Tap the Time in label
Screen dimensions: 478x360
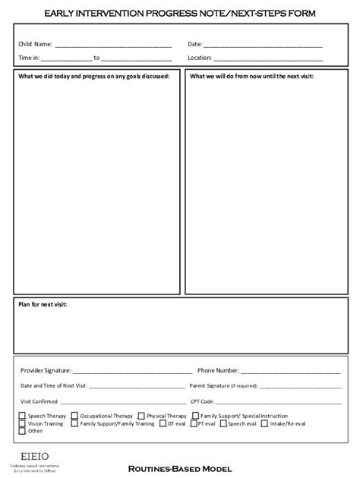[29, 58]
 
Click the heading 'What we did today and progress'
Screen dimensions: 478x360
[93, 77]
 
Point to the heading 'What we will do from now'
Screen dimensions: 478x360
[251, 77]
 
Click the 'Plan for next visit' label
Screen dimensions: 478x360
[43, 303]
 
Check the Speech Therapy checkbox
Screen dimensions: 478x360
[22, 416]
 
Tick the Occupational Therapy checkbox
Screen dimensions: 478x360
[74, 416]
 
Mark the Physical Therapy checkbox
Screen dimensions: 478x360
[141, 416]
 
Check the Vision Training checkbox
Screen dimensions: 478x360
[22, 423]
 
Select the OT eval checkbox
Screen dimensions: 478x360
[163, 423]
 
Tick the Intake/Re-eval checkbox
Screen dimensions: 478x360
[264, 423]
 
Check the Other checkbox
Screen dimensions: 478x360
[22, 431]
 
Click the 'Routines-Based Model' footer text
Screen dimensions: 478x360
[179, 469]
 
